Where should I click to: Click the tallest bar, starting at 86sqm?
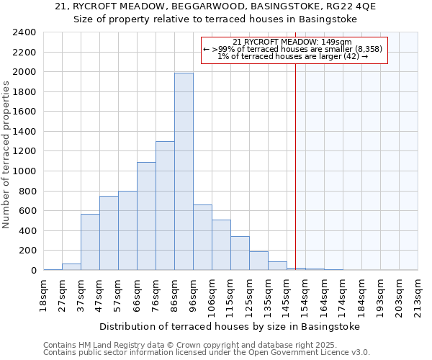coord(184,171)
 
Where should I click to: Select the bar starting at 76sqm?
coord(165,205)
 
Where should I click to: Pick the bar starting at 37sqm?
coord(90,242)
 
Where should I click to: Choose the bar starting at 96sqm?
coord(202,237)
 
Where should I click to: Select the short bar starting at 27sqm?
coord(71,266)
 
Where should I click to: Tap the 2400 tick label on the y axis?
coord(24,32)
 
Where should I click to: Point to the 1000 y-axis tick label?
coord(24,171)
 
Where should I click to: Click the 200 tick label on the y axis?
coord(27,251)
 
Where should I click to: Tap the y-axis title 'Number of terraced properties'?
coord(6,155)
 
